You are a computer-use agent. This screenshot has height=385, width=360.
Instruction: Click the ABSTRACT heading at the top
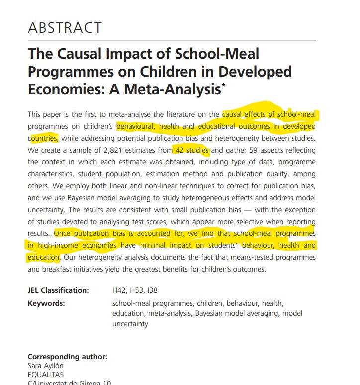coord(65,27)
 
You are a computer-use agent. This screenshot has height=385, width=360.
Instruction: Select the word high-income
coord(59,245)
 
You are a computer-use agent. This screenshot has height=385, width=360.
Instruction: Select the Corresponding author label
coord(67,357)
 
